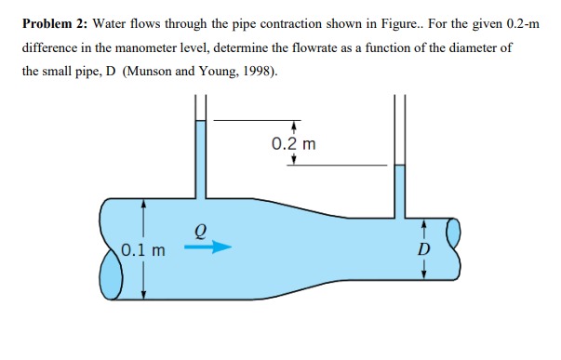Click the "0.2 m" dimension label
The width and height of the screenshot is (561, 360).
[293, 144]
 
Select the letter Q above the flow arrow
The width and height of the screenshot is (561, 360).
[200, 228]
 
